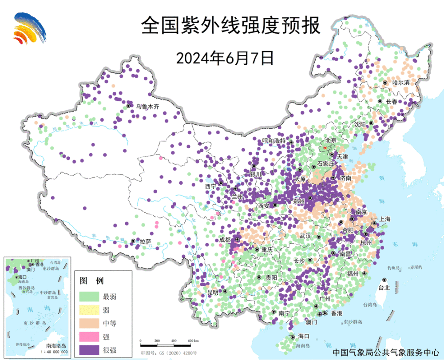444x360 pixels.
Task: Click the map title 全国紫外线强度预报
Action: click(230, 26)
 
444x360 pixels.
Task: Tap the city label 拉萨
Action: click(145, 242)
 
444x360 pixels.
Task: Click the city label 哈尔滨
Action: click(401, 83)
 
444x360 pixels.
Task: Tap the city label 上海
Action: click(385, 219)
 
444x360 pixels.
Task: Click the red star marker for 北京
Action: click(325, 147)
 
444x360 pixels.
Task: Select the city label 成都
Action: click(225, 240)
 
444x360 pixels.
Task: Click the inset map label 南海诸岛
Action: click(56, 345)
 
